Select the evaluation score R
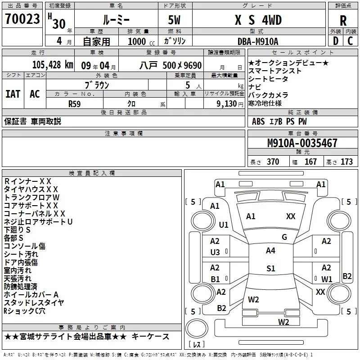[343, 20]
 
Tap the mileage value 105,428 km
[53, 65]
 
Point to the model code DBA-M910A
[257, 41]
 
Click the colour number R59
[74, 103]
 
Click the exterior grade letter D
[335, 41]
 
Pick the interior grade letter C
[350, 41]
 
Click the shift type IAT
[13, 94]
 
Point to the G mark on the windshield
[284, 237]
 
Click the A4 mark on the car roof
[270, 251]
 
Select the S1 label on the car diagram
[270, 269]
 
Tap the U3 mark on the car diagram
[215, 252]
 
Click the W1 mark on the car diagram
[326, 279]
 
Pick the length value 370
[273, 162]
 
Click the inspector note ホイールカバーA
[31, 294]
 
